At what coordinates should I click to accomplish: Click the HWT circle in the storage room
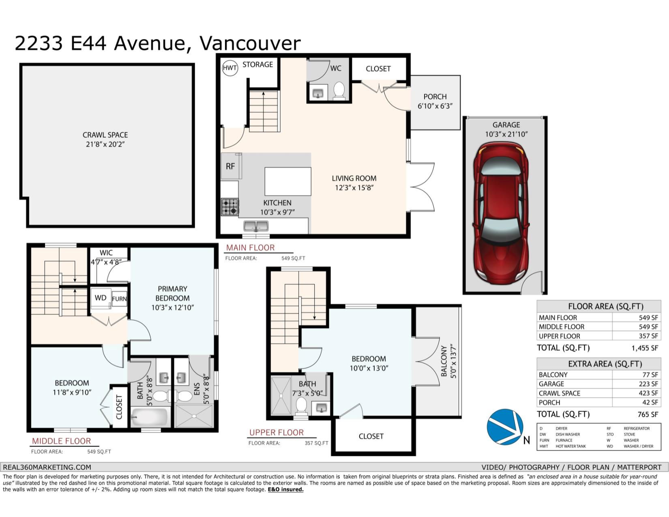point(229,68)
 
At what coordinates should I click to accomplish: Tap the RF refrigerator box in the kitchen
point(231,166)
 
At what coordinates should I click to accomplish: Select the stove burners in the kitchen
point(230,207)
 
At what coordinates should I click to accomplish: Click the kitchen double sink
point(256,226)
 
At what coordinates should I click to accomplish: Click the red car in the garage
point(501,213)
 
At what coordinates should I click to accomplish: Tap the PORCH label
point(435,97)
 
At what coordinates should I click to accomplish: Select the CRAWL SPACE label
point(105,135)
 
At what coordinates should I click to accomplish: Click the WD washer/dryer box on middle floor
point(101,298)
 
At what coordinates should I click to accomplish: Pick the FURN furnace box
point(120,299)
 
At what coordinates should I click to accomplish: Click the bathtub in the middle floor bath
point(149,417)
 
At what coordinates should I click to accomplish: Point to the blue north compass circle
point(505,427)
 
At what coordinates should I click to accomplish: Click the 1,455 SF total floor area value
point(645,348)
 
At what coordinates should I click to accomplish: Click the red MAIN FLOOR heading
point(250,248)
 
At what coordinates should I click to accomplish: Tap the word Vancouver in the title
point(250,43)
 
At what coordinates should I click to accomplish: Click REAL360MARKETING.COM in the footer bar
point(47,467)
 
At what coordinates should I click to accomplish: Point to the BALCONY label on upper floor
point(444,361)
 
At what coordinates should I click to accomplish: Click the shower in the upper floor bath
point(281,396)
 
